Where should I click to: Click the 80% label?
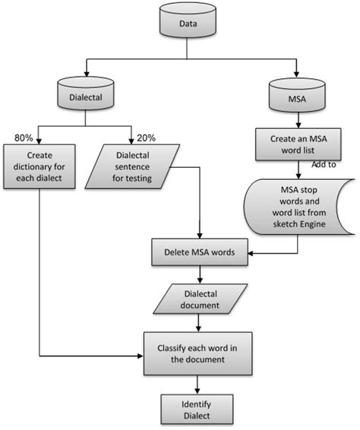[24, 138]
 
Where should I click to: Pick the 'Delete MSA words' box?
[200, 251]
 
